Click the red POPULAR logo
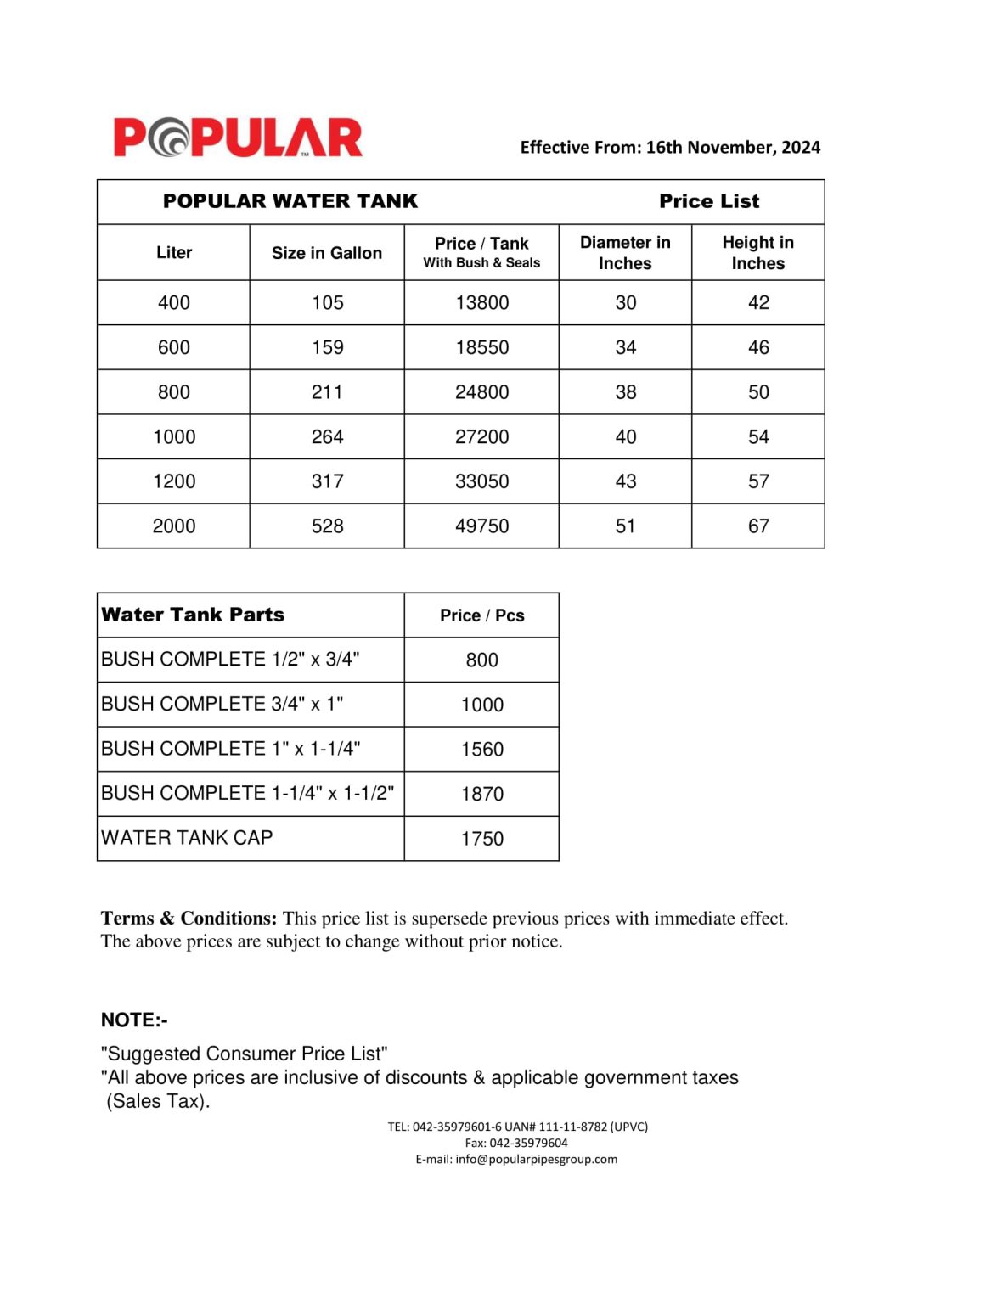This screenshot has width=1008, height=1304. coord(238,138)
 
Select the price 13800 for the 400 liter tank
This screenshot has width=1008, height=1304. coord(481,302)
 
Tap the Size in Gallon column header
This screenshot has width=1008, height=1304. coord(327,253)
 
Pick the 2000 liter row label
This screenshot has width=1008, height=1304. coord(174,526)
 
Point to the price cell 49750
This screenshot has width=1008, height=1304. coord(481,526)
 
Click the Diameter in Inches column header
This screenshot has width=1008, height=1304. coord(625,253)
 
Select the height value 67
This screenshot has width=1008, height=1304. coord(758,526)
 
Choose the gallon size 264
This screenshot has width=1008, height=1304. coord(327,437)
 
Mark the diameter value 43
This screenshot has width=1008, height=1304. coord(625,481)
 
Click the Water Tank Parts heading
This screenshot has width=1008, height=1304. coord(193,615)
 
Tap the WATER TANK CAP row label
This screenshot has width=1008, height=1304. coord(187,838)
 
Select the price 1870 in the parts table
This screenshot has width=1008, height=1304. coord(481,794)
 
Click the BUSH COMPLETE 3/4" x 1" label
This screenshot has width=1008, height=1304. coord(222,704)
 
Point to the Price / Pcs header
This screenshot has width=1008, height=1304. coord(481,615)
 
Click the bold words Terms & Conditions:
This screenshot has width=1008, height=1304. coord(189,919)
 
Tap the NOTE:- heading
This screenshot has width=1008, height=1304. coord(134,1020)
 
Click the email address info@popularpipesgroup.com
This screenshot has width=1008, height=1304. coord(536,1159)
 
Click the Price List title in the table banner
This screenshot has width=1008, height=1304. coord(709,201)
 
